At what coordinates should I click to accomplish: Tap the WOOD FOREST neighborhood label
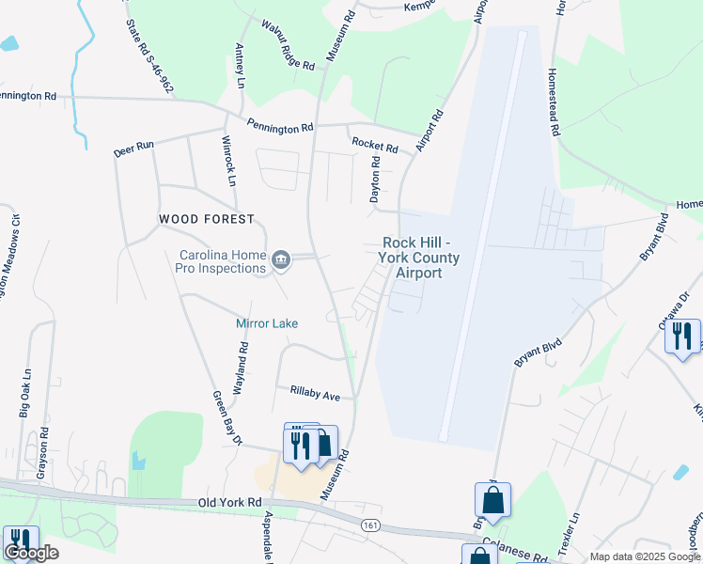(x=207, y=219)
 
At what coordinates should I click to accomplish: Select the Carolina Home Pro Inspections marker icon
(x=280, y=259)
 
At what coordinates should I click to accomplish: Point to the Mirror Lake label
(x=266, y=323)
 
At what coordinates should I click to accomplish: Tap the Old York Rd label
(x=229, y=503)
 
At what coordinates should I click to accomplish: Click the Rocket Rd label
(x=375, y=145)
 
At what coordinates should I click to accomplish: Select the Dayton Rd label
(x=375, y=180)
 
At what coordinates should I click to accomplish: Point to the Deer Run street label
(x=133, y=149)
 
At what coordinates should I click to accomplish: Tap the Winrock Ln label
(x=227, y=161)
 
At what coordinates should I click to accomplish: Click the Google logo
(x=30, y=553)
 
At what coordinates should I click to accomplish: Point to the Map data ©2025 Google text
(x=644, y=556)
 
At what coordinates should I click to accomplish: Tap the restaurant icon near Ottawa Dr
(x=682, y=336)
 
